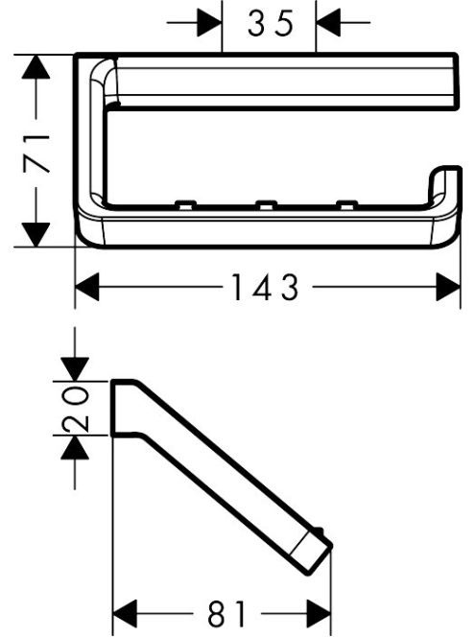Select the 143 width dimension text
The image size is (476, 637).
[x=266, y=287]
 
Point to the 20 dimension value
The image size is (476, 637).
[x=75, y=409]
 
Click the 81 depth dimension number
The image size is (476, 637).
[x=226, y=614]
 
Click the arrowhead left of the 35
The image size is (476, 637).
[x=210, y=23]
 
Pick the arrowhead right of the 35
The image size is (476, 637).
[x=327, y=23]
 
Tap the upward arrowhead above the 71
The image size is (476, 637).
[x=36, y=67]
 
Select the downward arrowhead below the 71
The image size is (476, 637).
[x=36, y=234]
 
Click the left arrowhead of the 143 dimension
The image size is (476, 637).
[x=87, y=287]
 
